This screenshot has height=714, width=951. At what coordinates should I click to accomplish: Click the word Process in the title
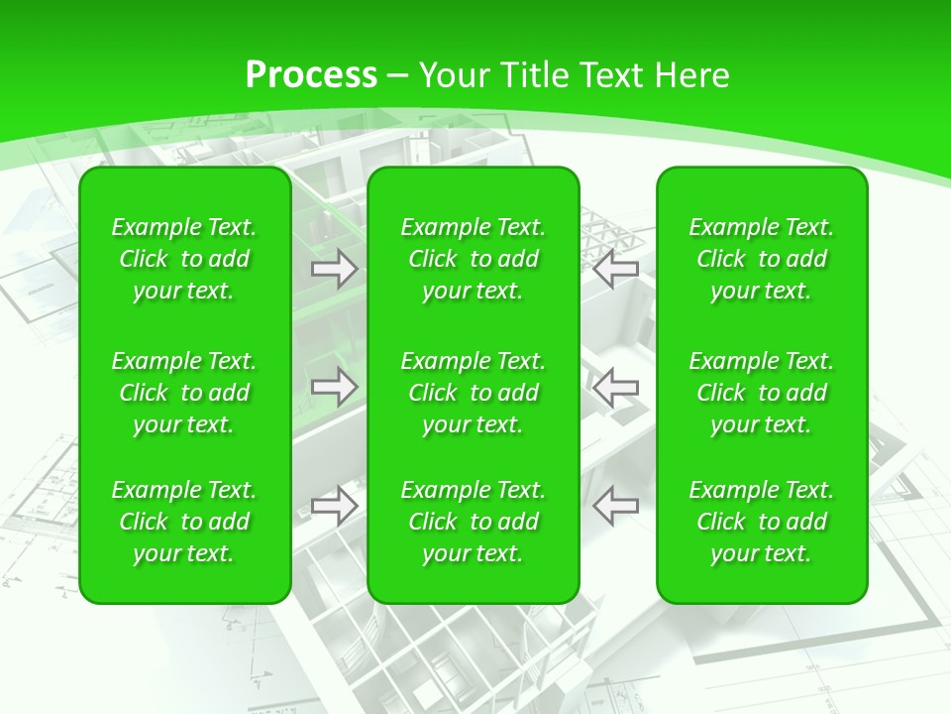click(311, 75)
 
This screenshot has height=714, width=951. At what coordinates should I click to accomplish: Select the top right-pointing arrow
click(335, 268)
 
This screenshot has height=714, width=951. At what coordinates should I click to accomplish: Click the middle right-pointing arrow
click(335, 387)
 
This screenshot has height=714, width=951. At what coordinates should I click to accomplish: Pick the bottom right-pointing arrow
click(335, 506)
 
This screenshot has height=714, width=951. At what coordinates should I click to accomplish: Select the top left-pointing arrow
click(616, 268)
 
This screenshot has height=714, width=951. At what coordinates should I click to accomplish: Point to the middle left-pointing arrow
click(616, 387)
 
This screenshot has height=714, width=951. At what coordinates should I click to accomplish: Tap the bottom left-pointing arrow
click(616, 506)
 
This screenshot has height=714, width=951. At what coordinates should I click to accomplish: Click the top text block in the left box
click(184, 259)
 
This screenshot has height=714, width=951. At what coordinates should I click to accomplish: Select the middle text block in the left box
click(184, 393)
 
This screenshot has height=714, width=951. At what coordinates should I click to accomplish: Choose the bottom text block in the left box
click(184, 522)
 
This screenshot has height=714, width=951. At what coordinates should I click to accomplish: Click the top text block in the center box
click(473, 259)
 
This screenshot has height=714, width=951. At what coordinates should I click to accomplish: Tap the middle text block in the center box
click(473, 393)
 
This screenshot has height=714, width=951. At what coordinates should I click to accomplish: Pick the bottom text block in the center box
click(473, 522)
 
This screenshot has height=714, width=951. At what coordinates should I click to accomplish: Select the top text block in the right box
click(761, 259)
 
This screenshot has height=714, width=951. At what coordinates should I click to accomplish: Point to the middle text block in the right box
click(761, 393)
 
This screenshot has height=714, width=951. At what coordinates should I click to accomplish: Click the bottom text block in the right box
click(761, 522)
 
